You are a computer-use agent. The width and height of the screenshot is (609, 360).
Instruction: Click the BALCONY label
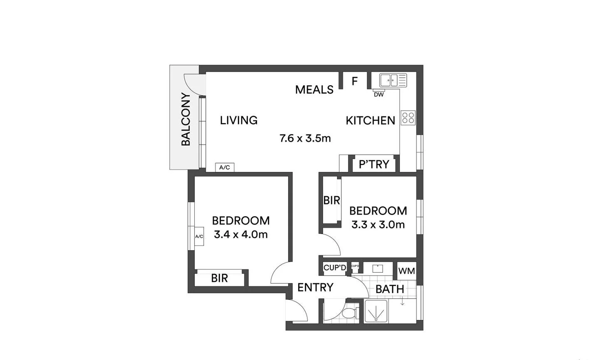pos(186,119)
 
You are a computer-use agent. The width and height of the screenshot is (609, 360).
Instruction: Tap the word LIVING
pos(239,120)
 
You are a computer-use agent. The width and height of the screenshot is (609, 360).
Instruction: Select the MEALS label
pos(314,89)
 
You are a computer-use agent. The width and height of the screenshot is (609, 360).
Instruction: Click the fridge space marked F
pos(354,81)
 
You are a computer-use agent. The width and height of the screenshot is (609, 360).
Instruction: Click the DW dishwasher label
pos(379,94)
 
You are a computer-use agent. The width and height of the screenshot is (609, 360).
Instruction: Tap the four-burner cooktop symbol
pos(408,118)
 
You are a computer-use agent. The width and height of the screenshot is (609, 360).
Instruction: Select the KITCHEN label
pos(370,121)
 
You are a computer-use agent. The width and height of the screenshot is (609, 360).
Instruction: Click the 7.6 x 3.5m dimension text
pos(305,138)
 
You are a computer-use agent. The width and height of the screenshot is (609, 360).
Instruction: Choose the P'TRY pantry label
pos(374,164)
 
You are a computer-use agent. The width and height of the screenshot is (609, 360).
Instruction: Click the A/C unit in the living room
pos(225,167)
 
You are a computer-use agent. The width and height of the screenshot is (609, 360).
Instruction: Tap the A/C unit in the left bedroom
pos(199,236)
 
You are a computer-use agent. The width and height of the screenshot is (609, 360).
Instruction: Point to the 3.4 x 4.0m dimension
pos(240,234)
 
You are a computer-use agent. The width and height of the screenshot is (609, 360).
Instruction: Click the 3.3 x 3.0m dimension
pos(378,225)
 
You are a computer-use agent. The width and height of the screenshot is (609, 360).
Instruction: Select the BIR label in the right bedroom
pos(332,200)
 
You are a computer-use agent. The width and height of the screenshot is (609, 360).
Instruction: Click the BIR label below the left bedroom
pos(219,278)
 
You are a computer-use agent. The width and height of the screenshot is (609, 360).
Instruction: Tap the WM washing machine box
pos(406,271)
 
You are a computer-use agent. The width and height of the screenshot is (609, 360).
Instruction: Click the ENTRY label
pos(315,287)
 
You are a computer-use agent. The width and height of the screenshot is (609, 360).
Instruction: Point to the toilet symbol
pos(352,313)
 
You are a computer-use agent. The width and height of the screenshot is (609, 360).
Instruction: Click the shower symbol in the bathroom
pos(376,312)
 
